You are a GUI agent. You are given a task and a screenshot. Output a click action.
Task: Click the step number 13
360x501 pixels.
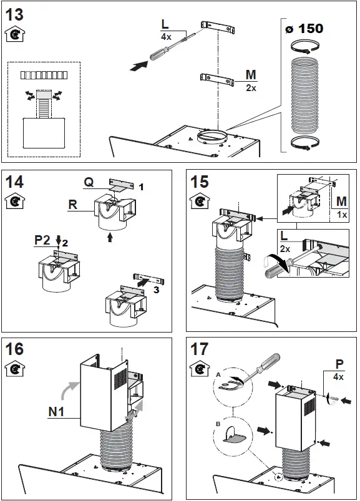[16, 13]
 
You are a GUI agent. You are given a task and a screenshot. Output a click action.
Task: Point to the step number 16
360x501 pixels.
[16, 348]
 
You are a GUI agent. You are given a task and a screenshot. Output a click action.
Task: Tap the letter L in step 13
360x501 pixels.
[165, 24]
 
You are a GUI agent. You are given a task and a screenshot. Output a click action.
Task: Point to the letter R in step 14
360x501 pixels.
[74, 204]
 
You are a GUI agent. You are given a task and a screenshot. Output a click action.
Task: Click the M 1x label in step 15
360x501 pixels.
[341, 206]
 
